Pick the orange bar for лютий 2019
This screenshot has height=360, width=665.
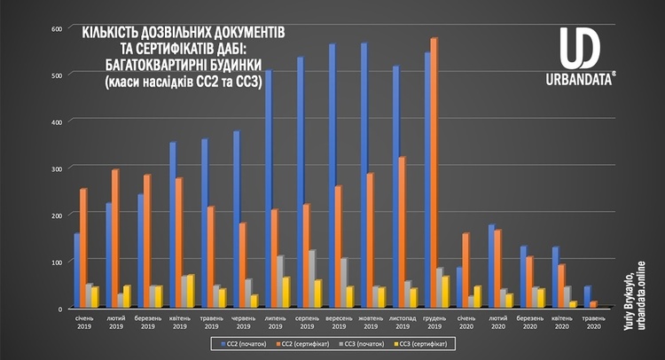(115, 239)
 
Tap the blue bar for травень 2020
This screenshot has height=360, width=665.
(586, 297)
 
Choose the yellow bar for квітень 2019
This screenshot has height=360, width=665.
(190, 291)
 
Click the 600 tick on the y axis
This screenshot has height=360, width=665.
(56, 28)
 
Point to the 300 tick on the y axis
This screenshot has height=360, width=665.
(56, 168)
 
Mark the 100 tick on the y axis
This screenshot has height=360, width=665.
(56, 262)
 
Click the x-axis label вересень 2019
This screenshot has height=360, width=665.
(338, 321)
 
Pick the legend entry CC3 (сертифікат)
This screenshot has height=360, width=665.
(423, 341)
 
